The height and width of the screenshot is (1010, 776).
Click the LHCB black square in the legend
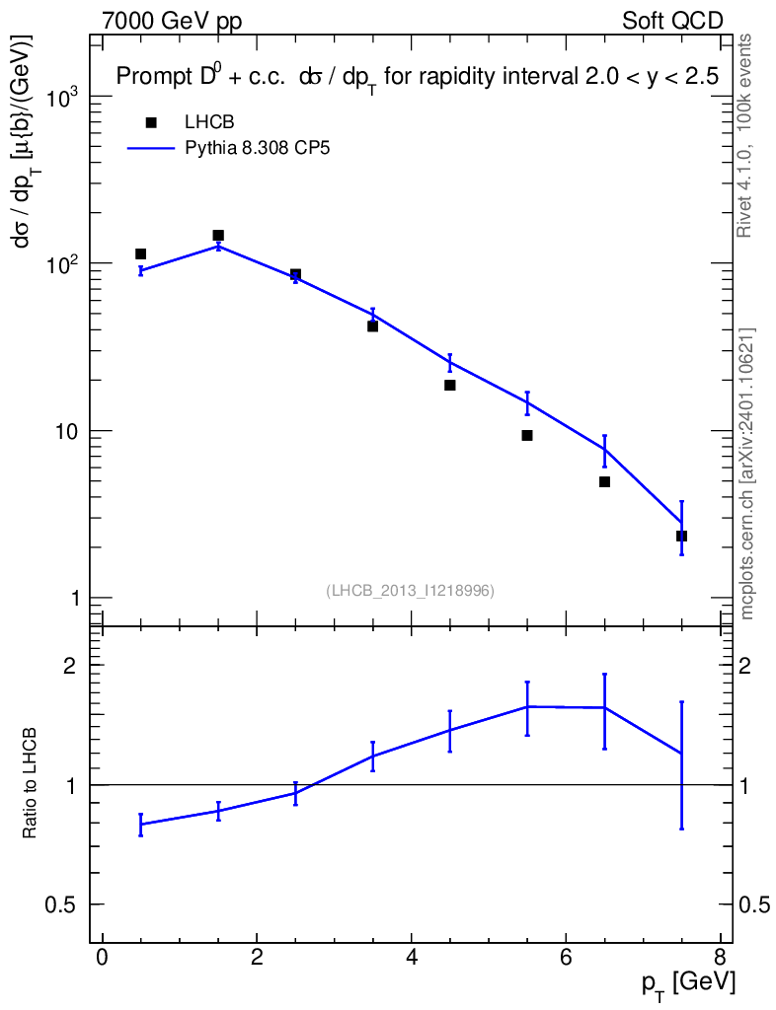click(x=151, y=122)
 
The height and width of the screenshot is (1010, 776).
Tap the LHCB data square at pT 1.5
click(x=218, y=236)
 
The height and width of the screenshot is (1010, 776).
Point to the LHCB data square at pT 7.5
click(x=681, y=536)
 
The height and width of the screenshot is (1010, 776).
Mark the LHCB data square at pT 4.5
click(x=450, y=385)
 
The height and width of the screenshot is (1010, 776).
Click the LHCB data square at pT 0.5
click(x=141, y=253)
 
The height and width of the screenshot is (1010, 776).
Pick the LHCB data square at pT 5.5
click(x=527, y=435)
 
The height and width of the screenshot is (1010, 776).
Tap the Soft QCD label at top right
click(x=672, y=21)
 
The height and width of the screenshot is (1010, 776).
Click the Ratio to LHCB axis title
click(x=31, y=784)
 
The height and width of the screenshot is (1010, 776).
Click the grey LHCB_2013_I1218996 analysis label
click(x=410, y=591)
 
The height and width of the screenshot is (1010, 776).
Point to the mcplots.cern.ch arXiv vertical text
click(x=747, y=473)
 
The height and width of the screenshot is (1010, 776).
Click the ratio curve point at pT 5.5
click(x=527, y=706)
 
